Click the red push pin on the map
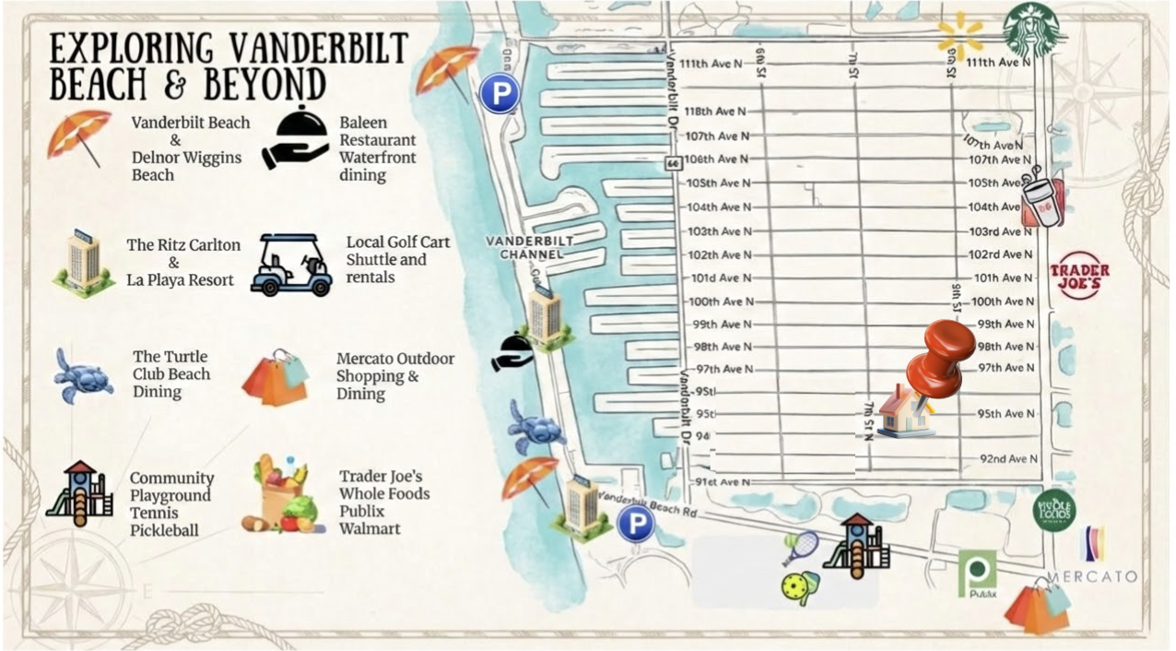tap(940, 355)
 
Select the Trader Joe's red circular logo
tap(1079, 276)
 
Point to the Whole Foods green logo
tap(1054, 509)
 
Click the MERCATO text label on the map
tap(1092, 576)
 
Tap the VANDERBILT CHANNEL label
tap(529, 247)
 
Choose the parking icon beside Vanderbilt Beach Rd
tap(635, 524)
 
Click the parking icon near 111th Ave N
tap(500, 93)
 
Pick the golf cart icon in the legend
tap(291, 265)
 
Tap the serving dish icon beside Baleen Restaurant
tap(295, 138)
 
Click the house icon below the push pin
tap(904, 412)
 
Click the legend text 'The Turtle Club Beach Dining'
tap(171, 374)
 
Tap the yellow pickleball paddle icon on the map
tap(795, 586)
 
